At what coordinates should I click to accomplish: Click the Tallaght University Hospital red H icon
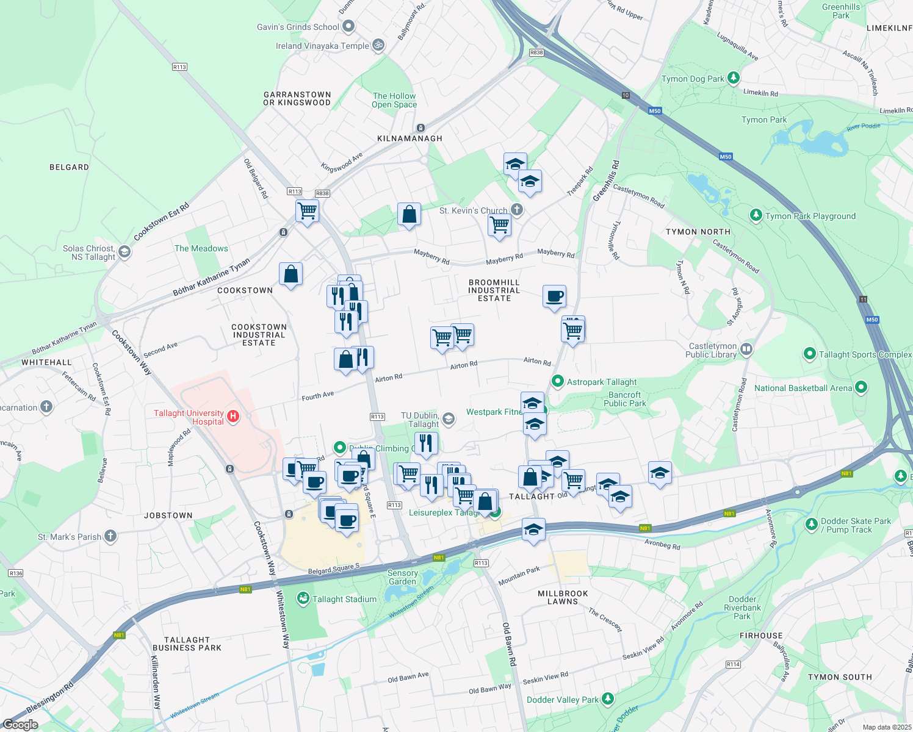(x=233, y=417)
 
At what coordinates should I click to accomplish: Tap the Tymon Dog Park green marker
(x=734, y=78)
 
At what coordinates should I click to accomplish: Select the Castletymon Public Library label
(x=712, y=350)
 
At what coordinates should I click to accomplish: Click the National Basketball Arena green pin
(x=861, y=387)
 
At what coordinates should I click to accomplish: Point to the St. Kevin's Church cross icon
(x=517, y=210)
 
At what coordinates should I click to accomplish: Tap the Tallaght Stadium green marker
(x=303, y=598)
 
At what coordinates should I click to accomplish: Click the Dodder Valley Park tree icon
(x=607, y=698)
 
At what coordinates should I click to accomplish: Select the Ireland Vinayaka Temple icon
(x=378, y=45)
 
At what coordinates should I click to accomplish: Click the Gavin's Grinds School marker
(x=348, y=26)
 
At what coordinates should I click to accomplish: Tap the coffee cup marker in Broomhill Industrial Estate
(x=554, y=297)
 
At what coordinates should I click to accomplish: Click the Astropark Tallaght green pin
(x=557, y=381)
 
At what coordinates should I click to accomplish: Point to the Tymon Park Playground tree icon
(x=756, y=215)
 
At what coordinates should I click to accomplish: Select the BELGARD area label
(x=69, y=167)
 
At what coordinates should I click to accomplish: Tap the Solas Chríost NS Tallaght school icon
(x=125, y=252)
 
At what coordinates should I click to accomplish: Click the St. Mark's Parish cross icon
(x=110, y=536)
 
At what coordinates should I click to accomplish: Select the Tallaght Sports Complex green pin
(x=810, y=354)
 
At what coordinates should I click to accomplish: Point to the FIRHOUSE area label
(x=761, y=636)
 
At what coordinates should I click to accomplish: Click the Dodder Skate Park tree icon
(x=811, y=524)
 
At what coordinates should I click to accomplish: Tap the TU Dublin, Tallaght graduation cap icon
(x=449, y=418)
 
